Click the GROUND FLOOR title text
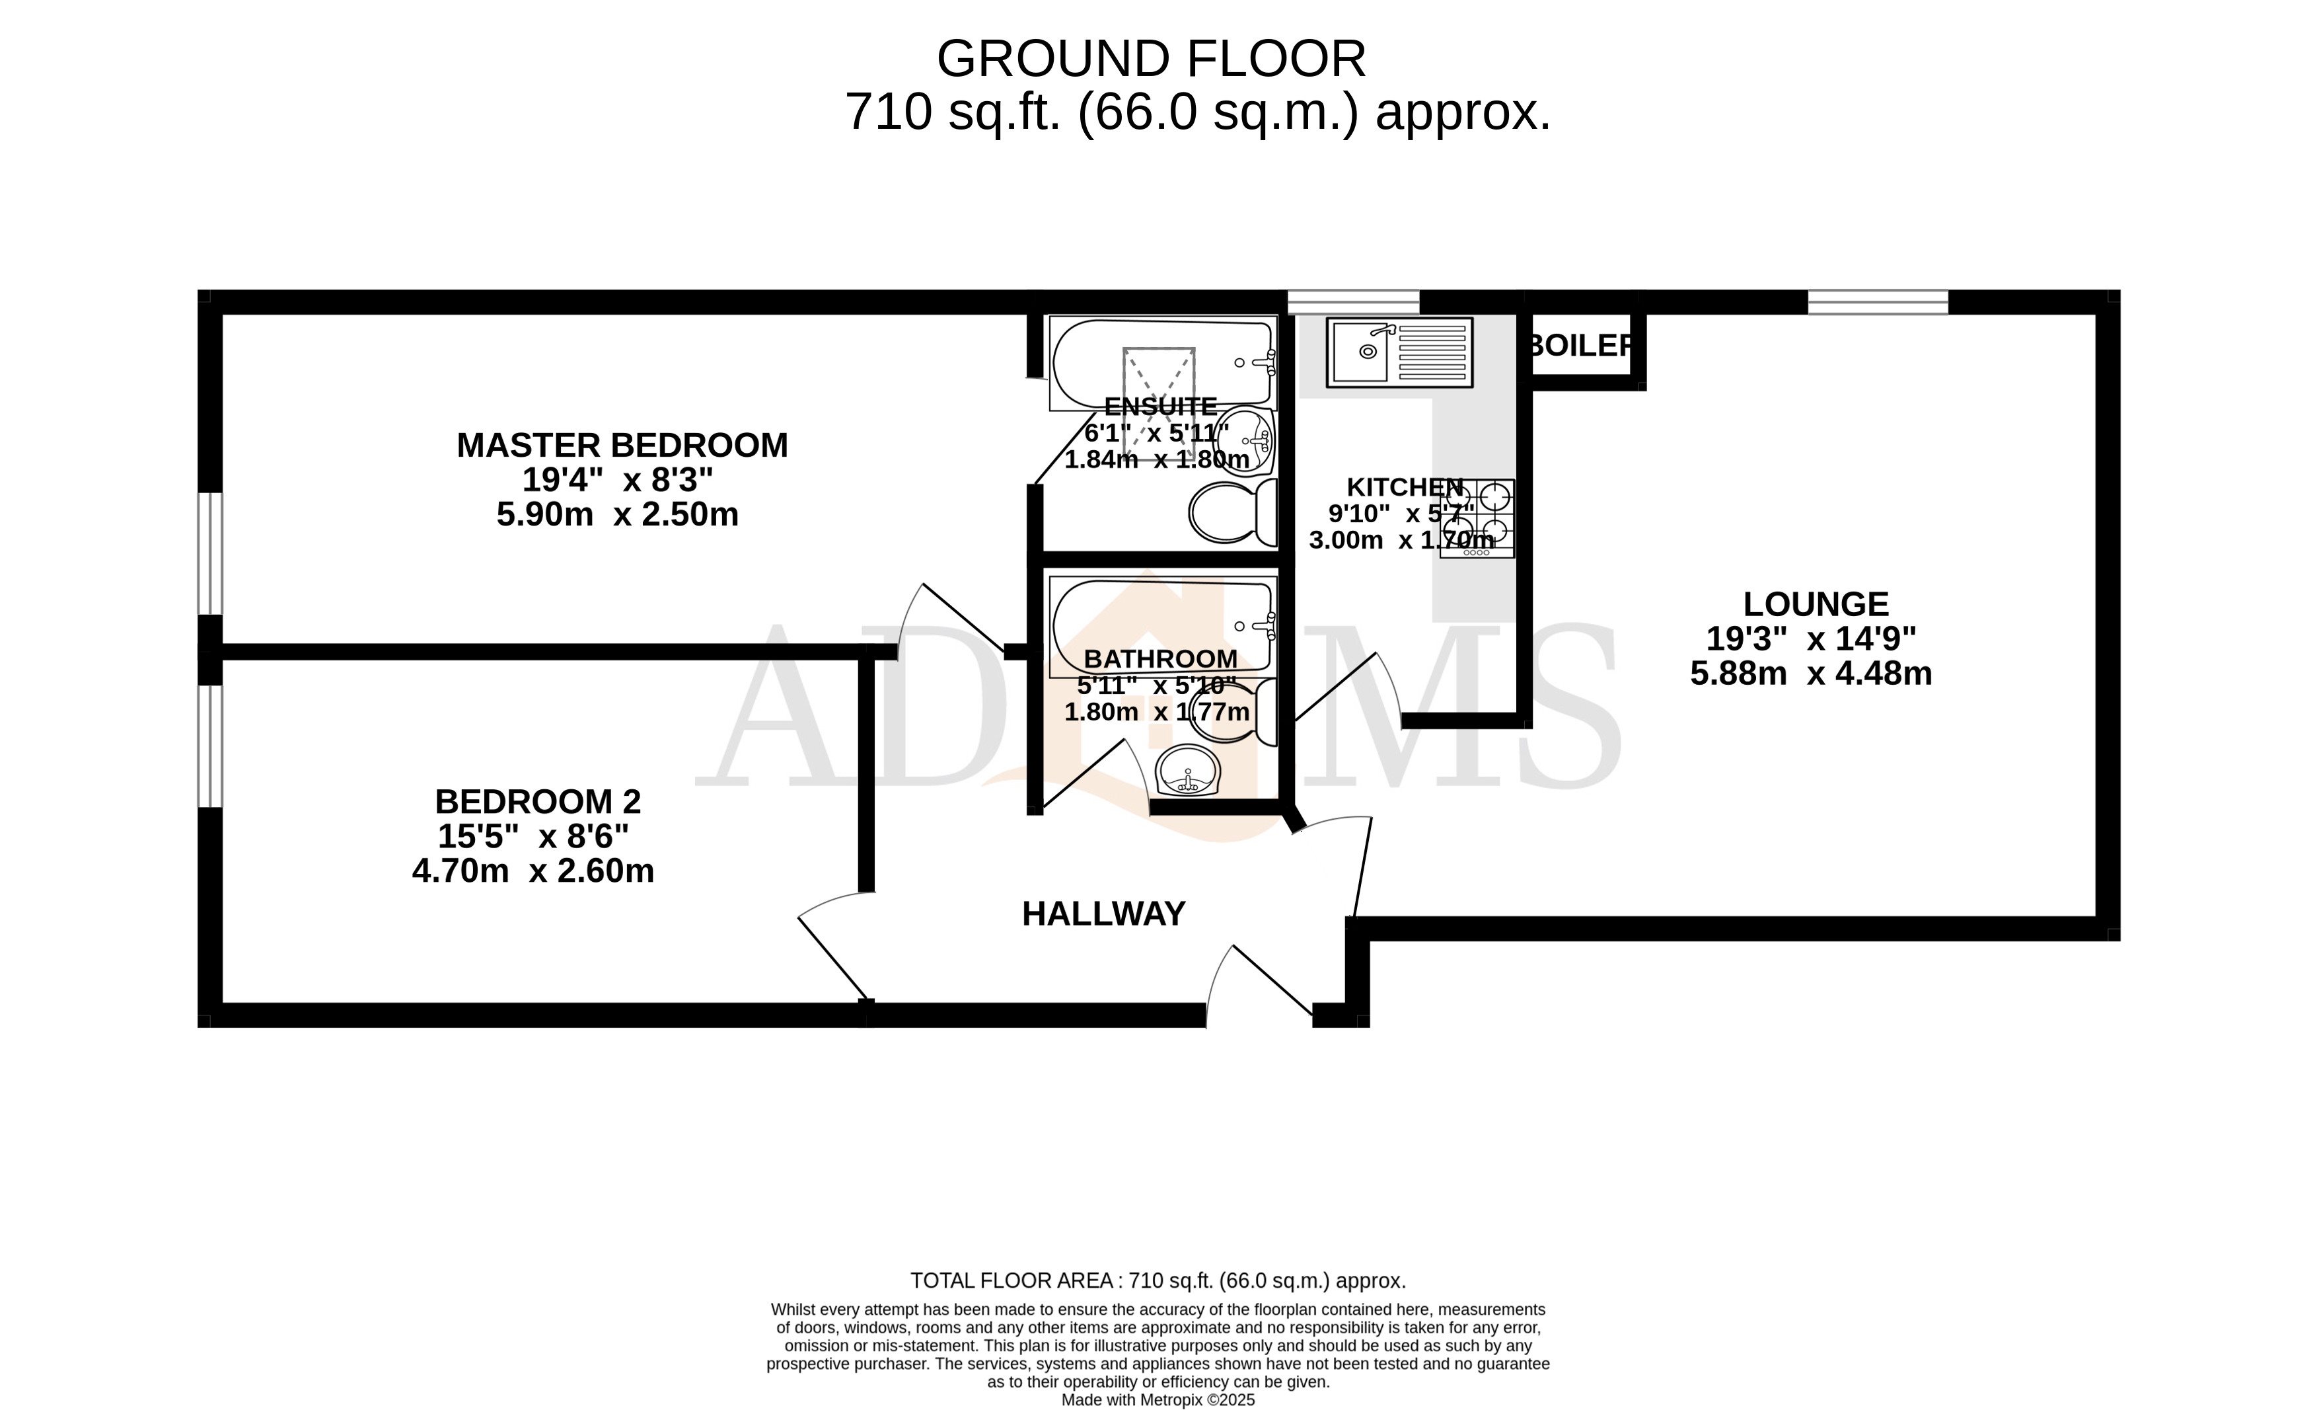coord(1150,59)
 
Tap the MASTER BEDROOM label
coord(622,445)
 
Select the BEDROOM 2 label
coord(537,801)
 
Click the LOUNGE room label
coord(1815,604)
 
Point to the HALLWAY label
coord(1103,914)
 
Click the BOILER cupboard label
coord(1580,345)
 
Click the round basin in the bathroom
coord(1189,772)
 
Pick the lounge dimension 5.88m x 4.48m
coord(1810,674)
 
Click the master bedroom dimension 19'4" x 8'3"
coord(617,480)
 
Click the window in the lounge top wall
coord(1877,302)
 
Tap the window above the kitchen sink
coord(1352,302)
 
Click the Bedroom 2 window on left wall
coord(209,745)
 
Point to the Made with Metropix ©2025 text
coord(1158,1399)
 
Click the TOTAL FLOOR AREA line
coord(1158,1280)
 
